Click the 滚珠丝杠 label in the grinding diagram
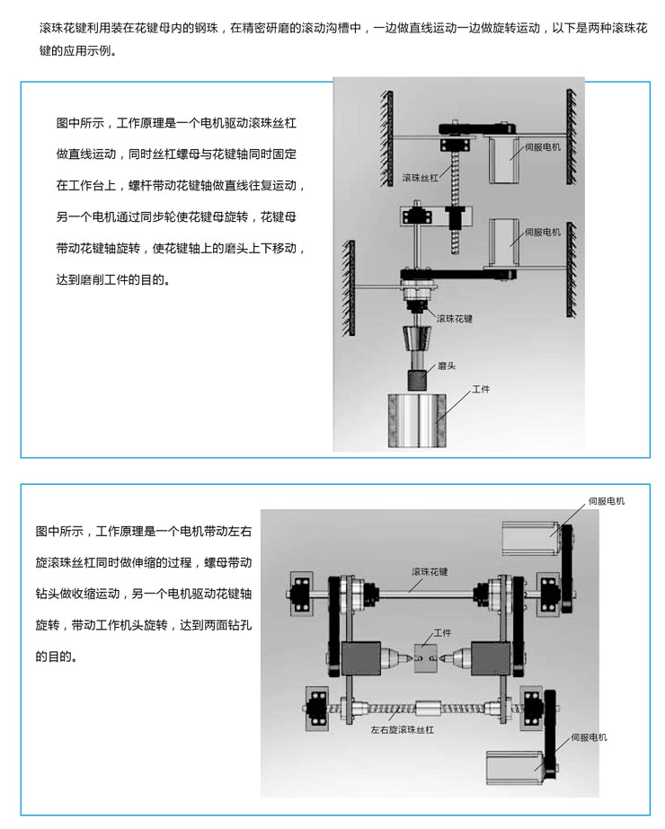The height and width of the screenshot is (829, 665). [x=420, y=178]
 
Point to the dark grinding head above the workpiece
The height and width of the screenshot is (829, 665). [x=418, y=379]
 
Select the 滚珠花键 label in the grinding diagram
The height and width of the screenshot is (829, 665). [x=454, y=319]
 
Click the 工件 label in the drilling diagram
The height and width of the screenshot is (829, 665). [x=442, y=632]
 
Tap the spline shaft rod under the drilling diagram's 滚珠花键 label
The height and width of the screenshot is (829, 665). [x=422, y=590]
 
